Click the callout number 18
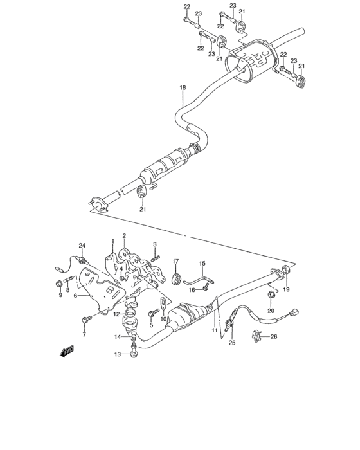click(x=183, y=87)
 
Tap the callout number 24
click(x=82, y=245)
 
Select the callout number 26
click(x=273, y=336)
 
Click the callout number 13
click(x=118, y=354)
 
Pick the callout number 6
click(x=75, y=296)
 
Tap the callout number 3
click(x=155, y=244)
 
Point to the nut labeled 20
click(x=271, y=296)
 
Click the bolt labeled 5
click(x=152, y=313)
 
